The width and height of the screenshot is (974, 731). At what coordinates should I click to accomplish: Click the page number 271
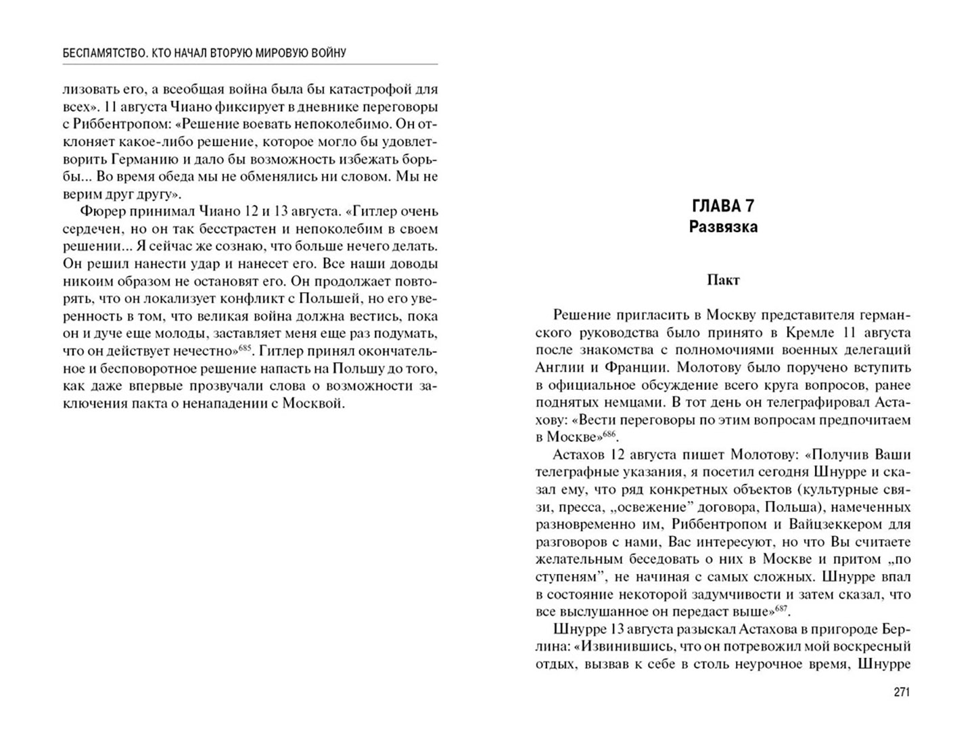(902, 692)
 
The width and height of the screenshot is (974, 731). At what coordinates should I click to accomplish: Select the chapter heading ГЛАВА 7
(723, 206)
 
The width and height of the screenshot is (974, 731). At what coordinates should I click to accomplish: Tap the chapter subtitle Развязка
(723, 227)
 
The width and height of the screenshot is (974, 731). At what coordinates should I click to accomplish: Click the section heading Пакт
(723, 280)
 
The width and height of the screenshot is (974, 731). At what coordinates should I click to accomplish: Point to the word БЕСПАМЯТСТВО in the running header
(101, 53)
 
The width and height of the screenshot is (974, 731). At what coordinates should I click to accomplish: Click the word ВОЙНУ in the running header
(327, 53)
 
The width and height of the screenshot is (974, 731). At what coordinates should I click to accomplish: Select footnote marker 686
(610, 433)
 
